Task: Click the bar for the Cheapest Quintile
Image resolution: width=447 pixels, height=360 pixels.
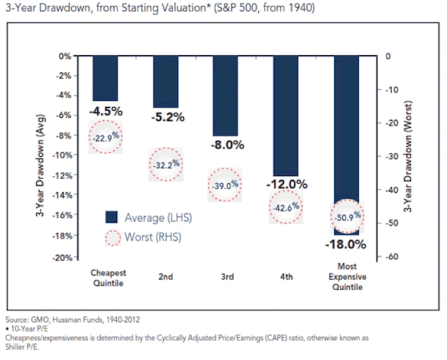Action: pos(105,78)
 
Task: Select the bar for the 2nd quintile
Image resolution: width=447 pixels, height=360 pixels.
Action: pos(165,81)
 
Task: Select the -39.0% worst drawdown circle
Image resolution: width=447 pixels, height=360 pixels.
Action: pos(226,185)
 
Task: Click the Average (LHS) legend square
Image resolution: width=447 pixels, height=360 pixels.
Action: pos(111,218)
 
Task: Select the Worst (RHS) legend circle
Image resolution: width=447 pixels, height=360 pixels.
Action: pos(112,238)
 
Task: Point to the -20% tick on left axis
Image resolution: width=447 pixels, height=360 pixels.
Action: pos(65,257)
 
